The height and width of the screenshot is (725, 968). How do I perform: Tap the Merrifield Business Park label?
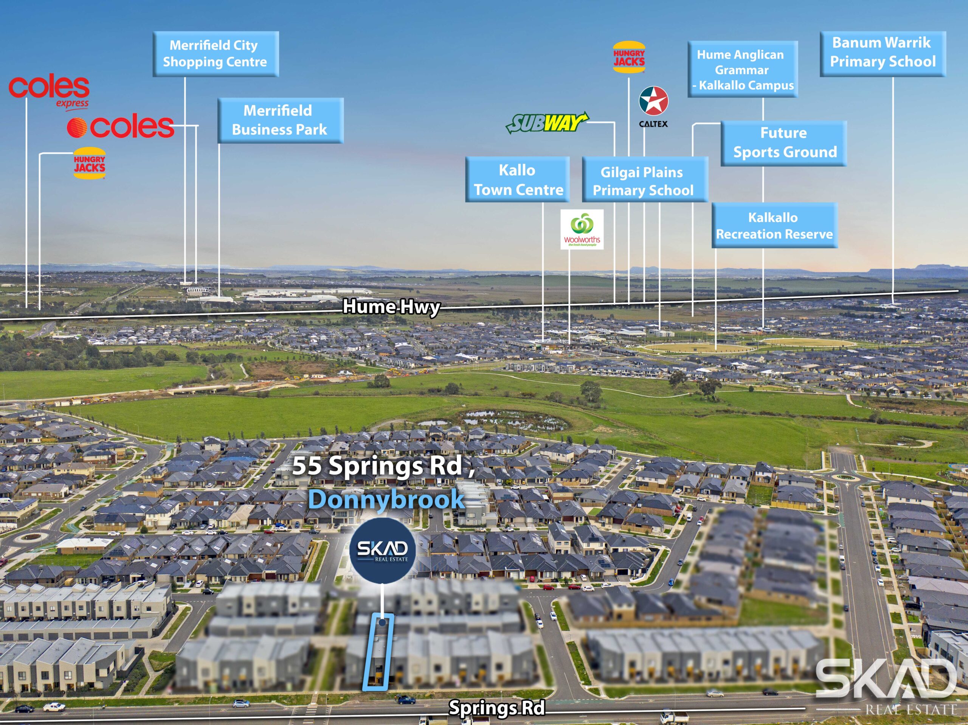pyautogui.click(x=281, y=120)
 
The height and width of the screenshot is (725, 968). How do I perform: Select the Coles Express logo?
pyautogui.click(x=49, y=92)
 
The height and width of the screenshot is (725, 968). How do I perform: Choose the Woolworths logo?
pyautogui.click(x=582, y=230)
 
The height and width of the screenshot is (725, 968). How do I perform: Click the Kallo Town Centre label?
pyautogui.click(x=517, y=180)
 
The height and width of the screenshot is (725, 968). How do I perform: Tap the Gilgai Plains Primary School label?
pyautogui.click(x=645, y=180)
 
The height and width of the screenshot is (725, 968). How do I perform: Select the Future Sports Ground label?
pyautogui.click(x=784, y=143)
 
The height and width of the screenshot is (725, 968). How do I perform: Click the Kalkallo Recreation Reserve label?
pyautogui.click(x=774, y=225)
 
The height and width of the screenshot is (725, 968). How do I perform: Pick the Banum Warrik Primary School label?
pyautogui.click(x=883, y=54)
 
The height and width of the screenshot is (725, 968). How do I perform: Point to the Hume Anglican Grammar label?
pyautogui.click(x=743, y=69)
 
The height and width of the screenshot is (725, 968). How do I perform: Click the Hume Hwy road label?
pyautogui.click(x=391, y=306)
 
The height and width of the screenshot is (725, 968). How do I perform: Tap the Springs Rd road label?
pyautogui.click(x=497, y=708)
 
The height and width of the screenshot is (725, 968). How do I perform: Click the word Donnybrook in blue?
pyautogui.click(x=386, y=500)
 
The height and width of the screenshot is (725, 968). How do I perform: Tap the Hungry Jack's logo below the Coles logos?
pyautogui.click(x=89, y=163)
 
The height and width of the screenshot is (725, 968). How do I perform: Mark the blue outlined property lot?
pyautogui.click(x=379, y=652)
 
